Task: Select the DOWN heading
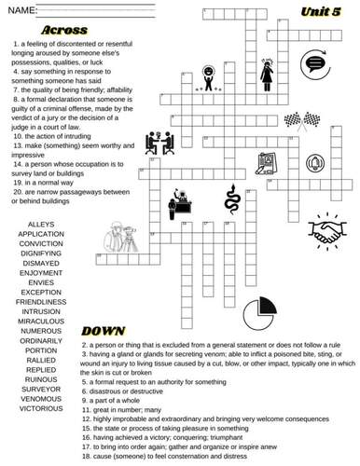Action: [104, 330]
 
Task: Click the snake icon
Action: [231, 198]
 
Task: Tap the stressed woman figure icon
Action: [267, 73]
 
